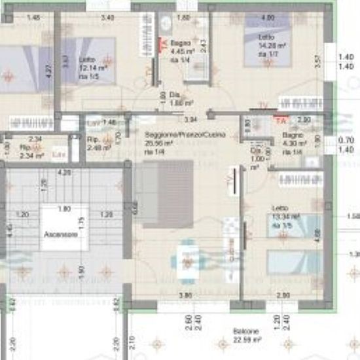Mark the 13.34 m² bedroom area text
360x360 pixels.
[286, 216]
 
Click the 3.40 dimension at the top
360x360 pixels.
[109, 17]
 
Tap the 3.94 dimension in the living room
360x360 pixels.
[190, 120]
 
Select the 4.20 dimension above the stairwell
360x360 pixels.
[64, 173]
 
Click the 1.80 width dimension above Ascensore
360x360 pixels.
[64, 209]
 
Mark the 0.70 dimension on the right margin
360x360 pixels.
[347, 140]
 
